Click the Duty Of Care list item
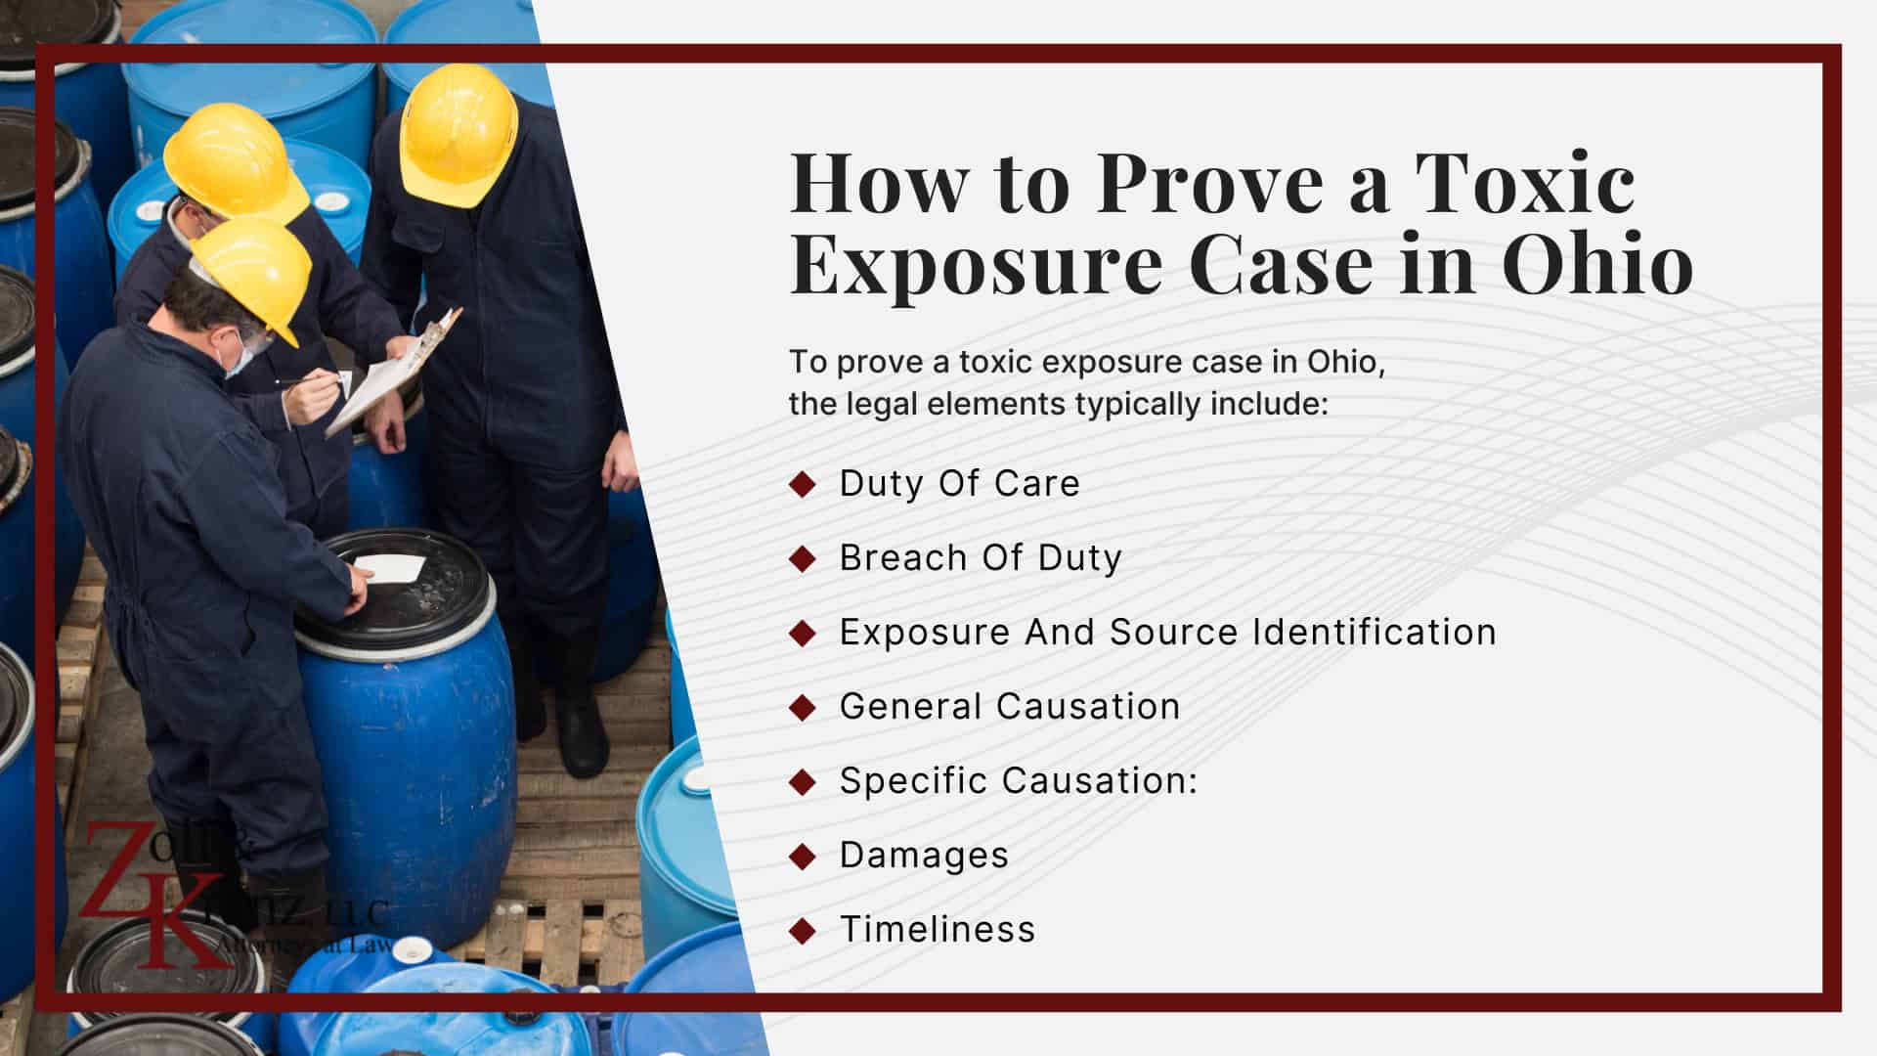coord(959,483)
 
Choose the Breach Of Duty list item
coord(981,557)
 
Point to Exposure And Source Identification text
coord(1167,632)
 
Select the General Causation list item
coord(1010,706)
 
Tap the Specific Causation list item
coord(1018,780)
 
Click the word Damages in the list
coord(924,855)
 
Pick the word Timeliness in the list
coord(938,929)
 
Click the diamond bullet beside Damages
coord(802,856)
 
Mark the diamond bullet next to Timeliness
coord(802,930)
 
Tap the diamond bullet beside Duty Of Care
coord(802,484)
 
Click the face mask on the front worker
coord(239,355)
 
